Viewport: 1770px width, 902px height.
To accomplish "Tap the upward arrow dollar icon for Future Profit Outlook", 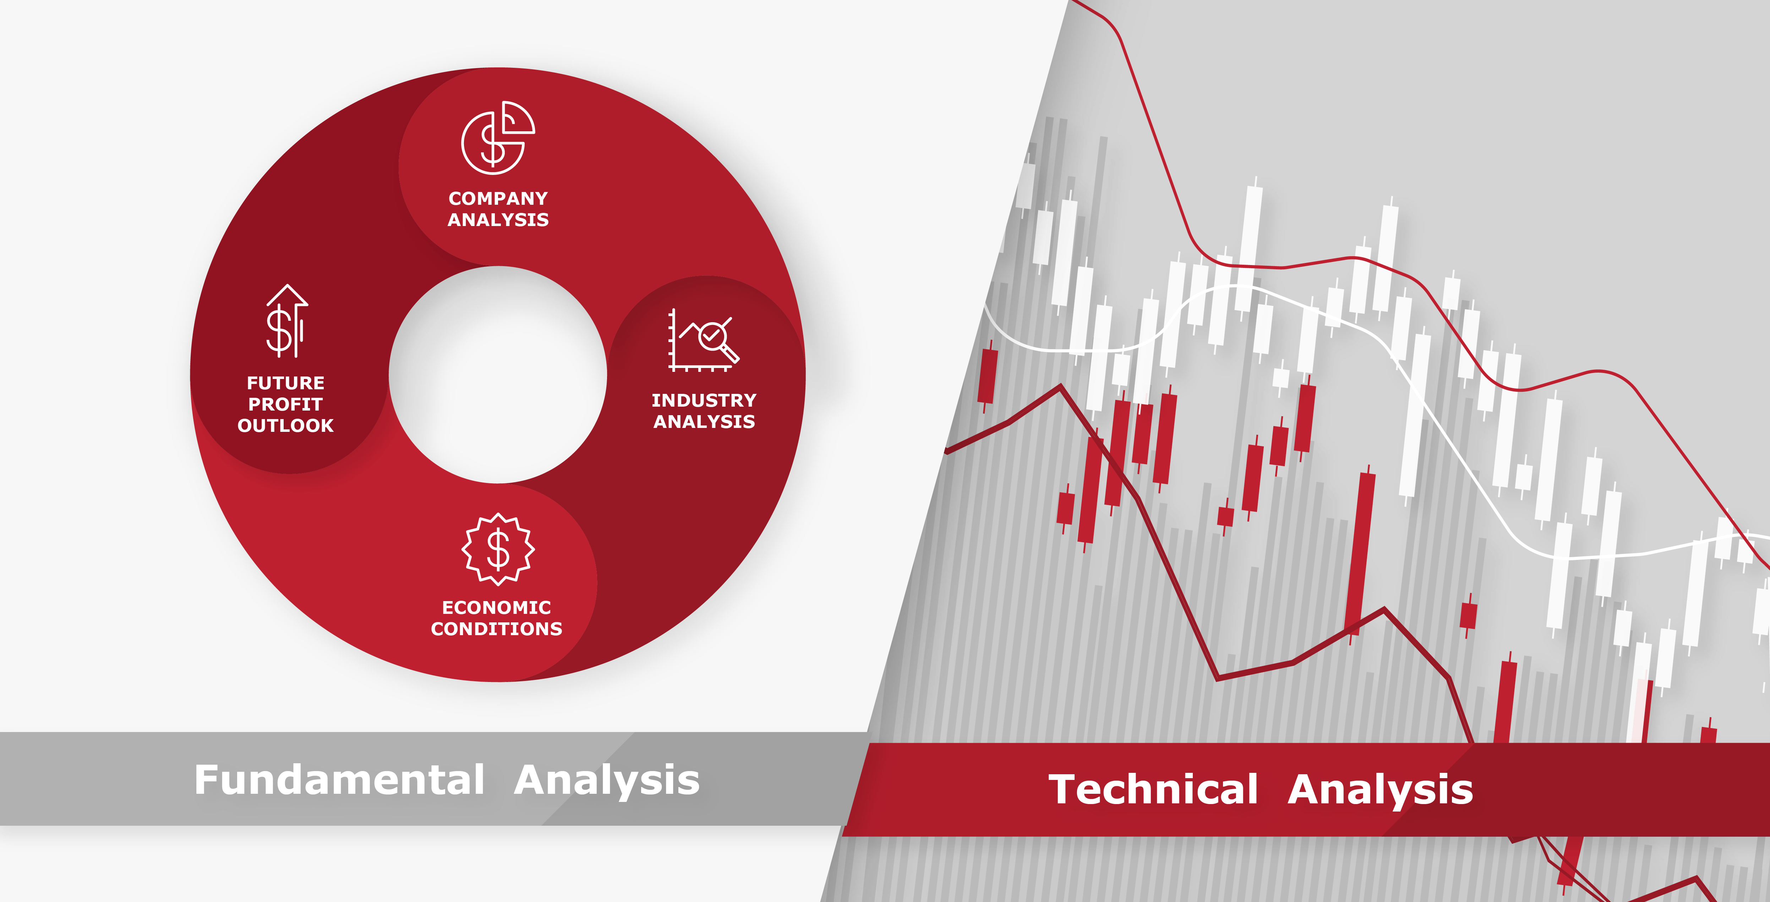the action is pos(286,321).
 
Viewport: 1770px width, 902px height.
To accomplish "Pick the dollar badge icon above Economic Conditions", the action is pos(497,549).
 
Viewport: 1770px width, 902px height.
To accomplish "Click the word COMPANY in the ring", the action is pos(498,199).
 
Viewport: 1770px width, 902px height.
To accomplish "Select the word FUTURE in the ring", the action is pos(286,383).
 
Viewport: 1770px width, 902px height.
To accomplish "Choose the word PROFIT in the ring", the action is pos(285,404).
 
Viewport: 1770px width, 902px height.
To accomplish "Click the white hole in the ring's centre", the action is pos(498,374).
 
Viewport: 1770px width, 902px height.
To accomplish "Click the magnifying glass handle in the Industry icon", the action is pos(730,353).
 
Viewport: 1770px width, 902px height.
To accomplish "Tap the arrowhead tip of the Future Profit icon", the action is pos(287,285).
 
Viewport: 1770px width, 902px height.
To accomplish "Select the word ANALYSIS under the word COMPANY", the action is pos(498,220).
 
